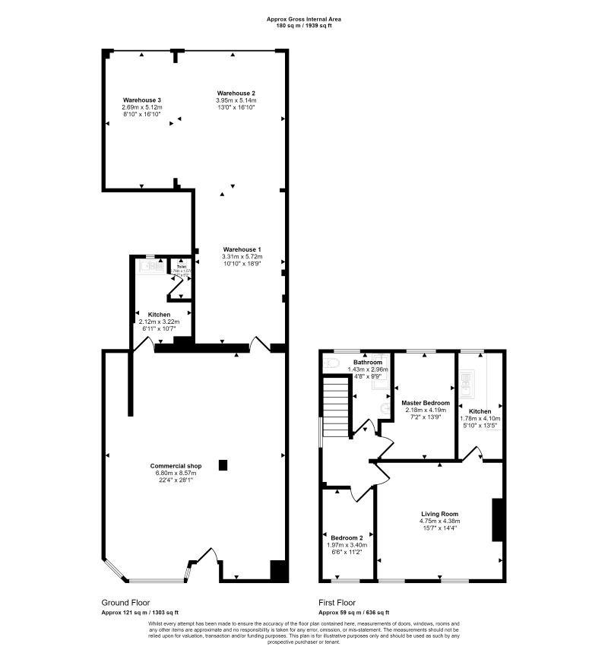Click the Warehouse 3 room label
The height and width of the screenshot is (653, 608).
[x=142, y=100]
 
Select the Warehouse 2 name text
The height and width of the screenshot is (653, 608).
[x=236, y=93]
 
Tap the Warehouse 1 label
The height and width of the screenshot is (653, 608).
[x=242, y=249]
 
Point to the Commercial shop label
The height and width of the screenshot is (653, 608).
[x=176, y=465]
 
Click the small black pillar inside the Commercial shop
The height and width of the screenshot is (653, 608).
[x=223, y=465]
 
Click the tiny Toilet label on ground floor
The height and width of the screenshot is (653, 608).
[x=181, y=267]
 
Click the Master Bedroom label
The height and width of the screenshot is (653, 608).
[x=426, y=403]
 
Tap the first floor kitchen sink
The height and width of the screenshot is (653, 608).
[x=468, y=384]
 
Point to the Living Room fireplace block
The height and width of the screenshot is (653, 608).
[x=498, y=520]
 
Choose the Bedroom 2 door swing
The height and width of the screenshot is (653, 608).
[x=357, y=494]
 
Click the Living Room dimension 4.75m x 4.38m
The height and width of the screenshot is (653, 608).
[x=439, y=521]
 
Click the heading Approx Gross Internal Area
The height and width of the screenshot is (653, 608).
[x=304, y=18]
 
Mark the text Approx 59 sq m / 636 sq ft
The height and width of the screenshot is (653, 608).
[x=353, y=612]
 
